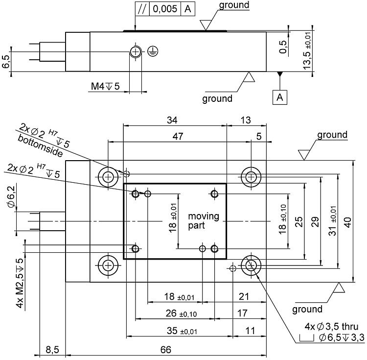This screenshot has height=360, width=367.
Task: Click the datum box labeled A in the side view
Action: point(280,97)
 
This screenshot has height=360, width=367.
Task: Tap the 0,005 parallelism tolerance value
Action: point(165,9)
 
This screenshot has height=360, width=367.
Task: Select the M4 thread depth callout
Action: point(105,87)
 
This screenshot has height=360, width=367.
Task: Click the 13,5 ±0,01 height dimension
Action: point(307,52)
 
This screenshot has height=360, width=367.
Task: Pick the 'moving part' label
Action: point(204,221)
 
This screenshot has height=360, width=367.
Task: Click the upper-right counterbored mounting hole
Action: point(251,176)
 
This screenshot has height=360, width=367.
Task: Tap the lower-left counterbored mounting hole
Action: point(108,265)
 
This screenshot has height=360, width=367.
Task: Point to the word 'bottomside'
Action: point(41,145)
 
